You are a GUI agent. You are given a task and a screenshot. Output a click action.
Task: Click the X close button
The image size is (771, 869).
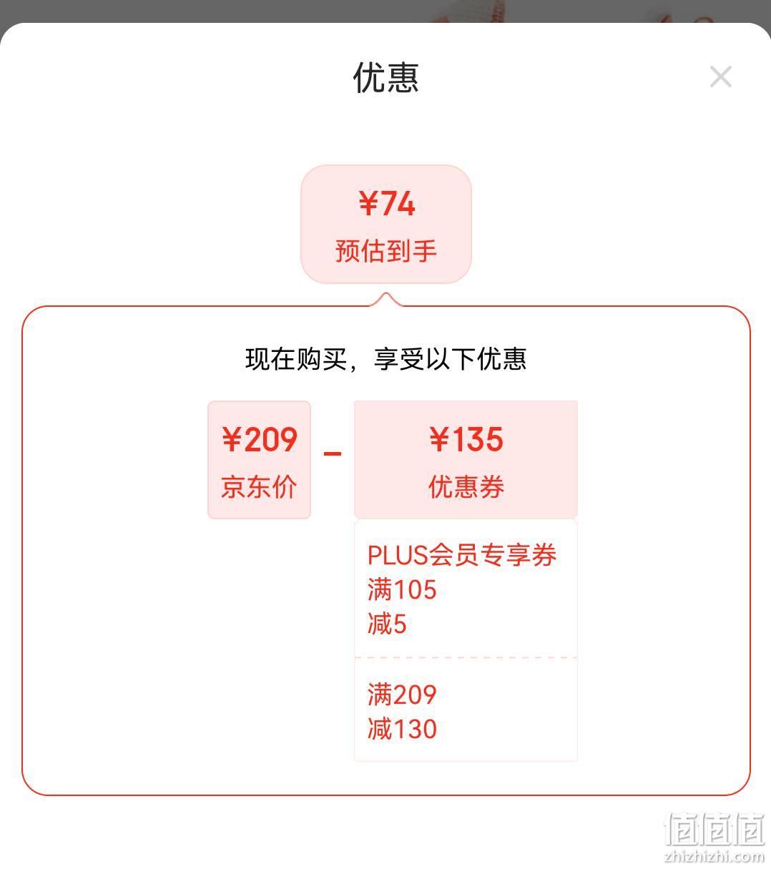click(x=720, y=77)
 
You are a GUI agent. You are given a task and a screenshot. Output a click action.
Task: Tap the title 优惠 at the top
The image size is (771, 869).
click(x=385, y=78)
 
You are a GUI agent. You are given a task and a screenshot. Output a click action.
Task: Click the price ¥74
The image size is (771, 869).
click(x=386, y=203)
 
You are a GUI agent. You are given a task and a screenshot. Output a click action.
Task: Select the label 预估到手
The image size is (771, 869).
click(x=385, y=250)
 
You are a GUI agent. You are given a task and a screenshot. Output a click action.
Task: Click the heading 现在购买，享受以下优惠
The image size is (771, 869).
click(x=385, y=358)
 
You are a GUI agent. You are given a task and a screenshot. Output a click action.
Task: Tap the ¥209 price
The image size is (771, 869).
click(x=260, y=440)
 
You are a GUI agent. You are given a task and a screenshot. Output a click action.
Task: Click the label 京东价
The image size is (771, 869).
click(x=259, y=486)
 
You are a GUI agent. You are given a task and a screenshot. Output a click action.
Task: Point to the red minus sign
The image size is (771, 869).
click(x=333, y=453)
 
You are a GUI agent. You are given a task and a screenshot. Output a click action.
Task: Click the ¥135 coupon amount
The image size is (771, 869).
click(x=466, y=440)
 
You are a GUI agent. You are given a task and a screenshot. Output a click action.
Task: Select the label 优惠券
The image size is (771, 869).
click(x=466, y=486)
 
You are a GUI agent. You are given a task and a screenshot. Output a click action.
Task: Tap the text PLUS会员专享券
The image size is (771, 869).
click(x=461, y=555)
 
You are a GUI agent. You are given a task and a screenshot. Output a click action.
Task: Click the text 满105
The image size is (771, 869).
click(x=402, y=589)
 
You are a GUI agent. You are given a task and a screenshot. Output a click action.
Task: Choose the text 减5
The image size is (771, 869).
click(x=386, y=624)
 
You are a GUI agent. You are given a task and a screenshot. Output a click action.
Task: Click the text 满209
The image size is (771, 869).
click(x=402, y=694)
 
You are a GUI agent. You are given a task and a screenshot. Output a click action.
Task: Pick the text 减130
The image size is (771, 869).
click(x=402, y=729)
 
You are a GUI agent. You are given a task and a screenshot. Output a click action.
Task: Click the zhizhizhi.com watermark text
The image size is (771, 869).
click(x=714, y=857)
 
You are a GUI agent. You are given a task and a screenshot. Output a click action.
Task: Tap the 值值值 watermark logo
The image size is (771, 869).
click(x=714, y=828)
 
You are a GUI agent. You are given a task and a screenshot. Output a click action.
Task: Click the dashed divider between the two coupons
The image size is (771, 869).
click(x=466, y=657)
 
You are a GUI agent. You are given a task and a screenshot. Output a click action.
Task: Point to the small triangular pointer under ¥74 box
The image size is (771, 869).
click(x=385, y=299)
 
